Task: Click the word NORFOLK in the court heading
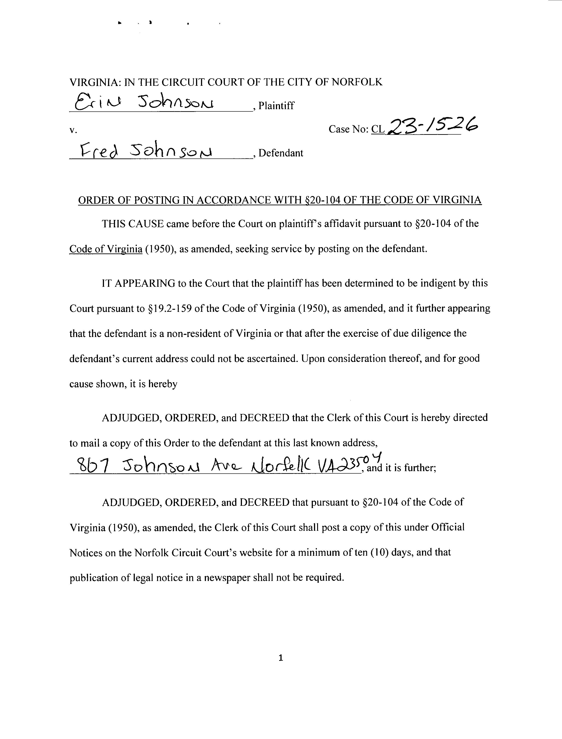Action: pyautogui.click(x=357, y=82)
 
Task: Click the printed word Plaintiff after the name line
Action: pyautogui.click(x=276, y=106)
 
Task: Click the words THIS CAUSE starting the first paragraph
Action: pyautogui.click(x=133, y=224)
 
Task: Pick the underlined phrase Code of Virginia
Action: pyautogui.click(x=106, y=249)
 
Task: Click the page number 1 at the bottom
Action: pyautogui.click(x=281, y=658)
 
